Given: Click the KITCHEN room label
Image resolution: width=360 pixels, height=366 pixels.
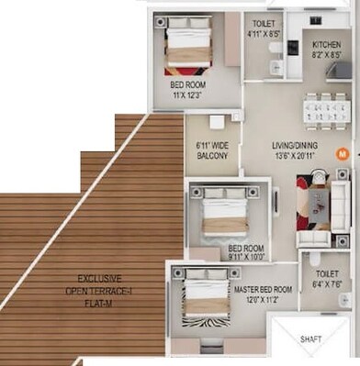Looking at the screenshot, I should click(326, 44).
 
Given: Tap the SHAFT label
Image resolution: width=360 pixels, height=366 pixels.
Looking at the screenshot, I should click(312, 339).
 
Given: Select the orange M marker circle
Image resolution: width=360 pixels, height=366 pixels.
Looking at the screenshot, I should click(343, 154).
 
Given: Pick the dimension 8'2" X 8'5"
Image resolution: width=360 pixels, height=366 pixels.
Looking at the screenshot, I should click(326, 54).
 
